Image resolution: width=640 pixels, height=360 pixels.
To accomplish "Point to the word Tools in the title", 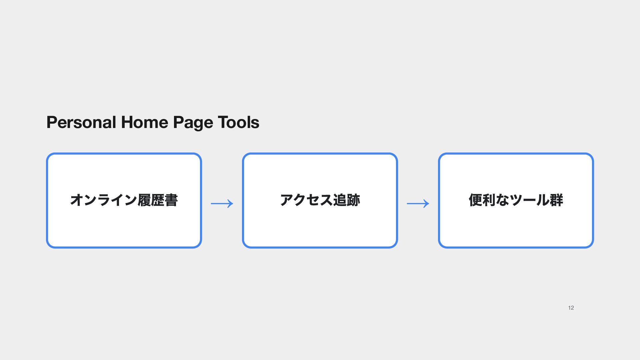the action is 238,122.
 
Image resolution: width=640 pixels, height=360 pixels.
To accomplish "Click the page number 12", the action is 571,308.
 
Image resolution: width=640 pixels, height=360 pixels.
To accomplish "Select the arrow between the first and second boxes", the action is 222,203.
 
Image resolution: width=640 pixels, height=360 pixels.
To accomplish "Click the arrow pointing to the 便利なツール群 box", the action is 418,203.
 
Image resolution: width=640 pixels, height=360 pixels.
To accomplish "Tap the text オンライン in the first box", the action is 104,200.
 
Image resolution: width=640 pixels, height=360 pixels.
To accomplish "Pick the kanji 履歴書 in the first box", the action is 158,200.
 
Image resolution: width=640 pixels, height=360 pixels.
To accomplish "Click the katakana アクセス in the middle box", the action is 306,200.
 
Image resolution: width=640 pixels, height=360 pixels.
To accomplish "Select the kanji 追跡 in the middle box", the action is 347,200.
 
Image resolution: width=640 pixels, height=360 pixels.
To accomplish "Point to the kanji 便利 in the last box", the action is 482,200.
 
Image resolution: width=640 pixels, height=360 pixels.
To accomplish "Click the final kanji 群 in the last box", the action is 556,200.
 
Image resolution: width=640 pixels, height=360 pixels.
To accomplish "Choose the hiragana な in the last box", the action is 503,200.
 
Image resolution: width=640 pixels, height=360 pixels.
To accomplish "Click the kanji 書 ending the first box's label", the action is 171,200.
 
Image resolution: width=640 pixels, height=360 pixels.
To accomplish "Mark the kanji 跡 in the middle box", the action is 353,200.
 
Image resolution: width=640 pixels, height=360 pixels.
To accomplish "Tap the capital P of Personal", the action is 52,122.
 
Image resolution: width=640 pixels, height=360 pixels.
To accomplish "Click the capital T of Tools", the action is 223,122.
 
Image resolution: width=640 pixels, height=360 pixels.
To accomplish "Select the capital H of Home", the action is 127,122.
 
